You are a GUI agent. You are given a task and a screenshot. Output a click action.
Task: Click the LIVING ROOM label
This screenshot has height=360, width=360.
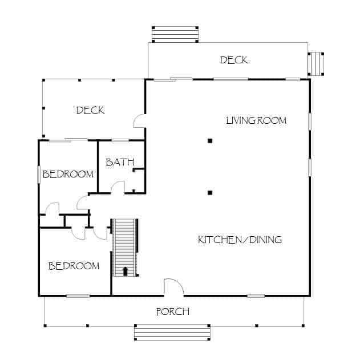pyautogui.click(x=256, y=120)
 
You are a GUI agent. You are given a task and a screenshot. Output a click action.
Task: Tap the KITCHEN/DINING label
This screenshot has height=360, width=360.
pyautogui.click(x=240, y=240)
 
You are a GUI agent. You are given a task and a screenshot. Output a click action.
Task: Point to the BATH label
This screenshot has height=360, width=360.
pyautogui.click(x=120, y=163)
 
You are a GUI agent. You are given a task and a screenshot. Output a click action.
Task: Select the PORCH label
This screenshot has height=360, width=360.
pyautogui.click(x=173, y=312)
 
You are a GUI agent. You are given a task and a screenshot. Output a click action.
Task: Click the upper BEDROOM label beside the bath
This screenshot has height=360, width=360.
pyautogui.click(x=68, y=174)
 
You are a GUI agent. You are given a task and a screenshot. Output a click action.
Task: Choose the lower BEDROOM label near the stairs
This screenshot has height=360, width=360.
pyautogui.click(x=74, y=266)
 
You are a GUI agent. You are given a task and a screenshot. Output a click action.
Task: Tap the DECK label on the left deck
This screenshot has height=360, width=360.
pyautogui.click(x=91, y=111)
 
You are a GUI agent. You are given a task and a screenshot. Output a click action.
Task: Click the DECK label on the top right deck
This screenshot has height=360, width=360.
pyautogui.click(x=234, y=60)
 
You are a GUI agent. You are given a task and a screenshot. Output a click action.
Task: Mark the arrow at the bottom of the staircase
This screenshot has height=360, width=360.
pyautogui.click(x=125, y=271)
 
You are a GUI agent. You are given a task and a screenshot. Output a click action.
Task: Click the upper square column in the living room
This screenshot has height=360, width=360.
pyautogui.click(x=210, y=141)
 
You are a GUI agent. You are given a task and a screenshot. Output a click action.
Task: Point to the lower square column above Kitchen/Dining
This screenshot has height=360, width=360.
pyautogui.click(x=210, y=193)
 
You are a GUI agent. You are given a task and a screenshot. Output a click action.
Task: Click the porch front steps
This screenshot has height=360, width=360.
pyautogui.click(x=172, y=332)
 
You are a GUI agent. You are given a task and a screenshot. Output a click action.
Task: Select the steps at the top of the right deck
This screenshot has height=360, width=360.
pyautogui.click(x=175, y=34)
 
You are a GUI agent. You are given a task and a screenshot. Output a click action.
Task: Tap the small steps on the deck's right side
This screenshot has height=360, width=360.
pyautogui.click(x=316, y=64)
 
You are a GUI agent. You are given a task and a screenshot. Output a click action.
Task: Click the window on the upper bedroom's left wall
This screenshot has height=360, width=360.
pyautogui.click(x=39, y=174)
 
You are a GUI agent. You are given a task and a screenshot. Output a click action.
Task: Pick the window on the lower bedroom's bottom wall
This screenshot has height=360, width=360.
pyautogui.click(x=78, y=296)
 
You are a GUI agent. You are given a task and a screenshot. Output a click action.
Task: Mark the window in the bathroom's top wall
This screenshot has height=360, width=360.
pyautogui.click(x=120, y=140)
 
